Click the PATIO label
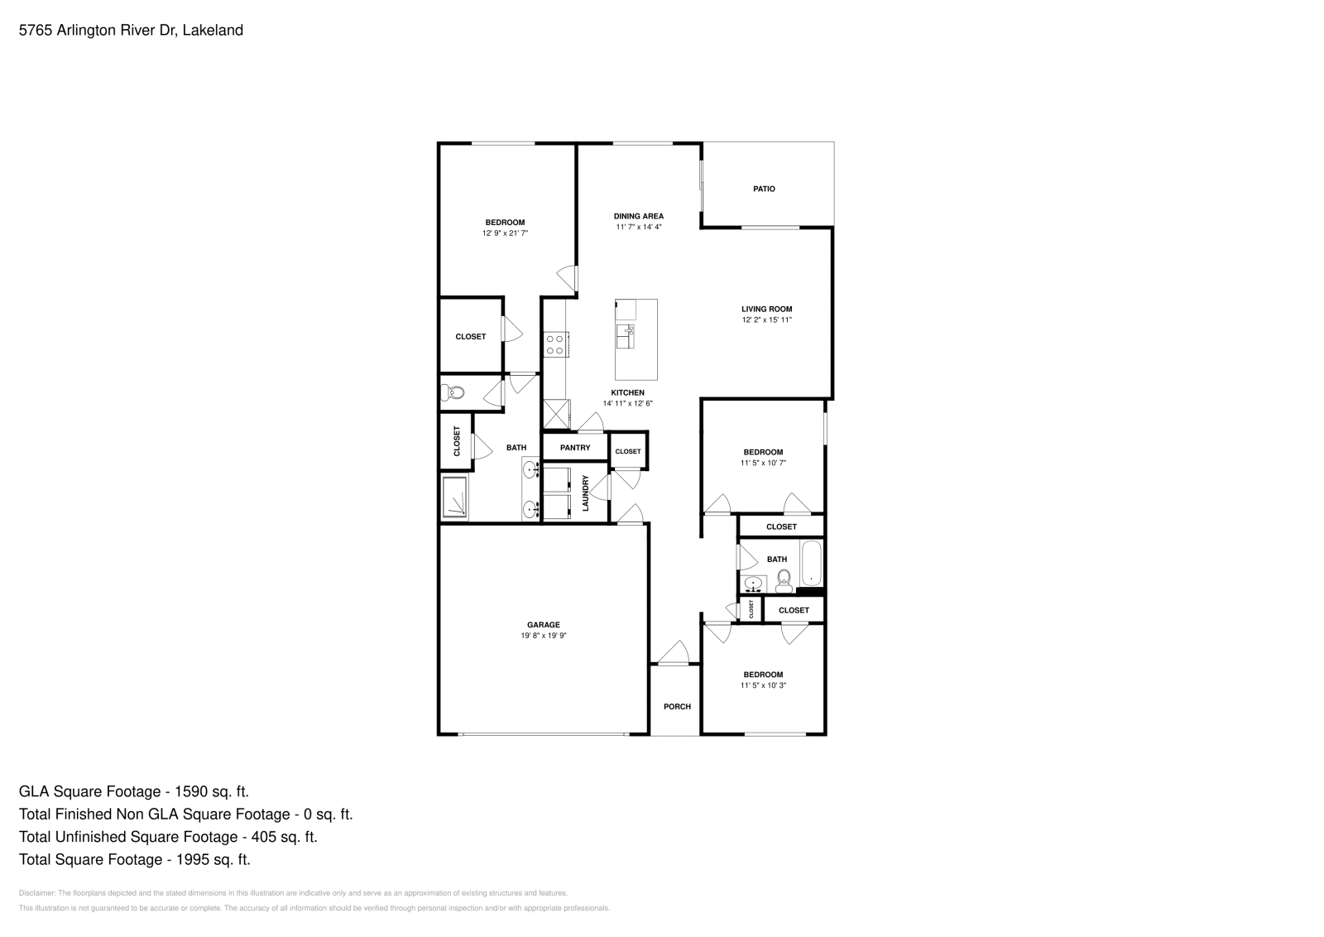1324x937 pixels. tap(764, 189)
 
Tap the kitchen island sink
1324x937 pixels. tap(625, 336)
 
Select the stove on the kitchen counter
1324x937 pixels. tap(554, 344)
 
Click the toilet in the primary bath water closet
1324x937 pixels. tap(453, 393)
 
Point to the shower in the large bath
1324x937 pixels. tap(455, 497)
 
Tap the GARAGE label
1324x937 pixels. tap(544, 625)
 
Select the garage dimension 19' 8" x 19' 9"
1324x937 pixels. tap(544, 636)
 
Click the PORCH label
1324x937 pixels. tap(677, 706)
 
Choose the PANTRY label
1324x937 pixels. tap(575, 448)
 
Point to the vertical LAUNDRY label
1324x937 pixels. tap(586, 493)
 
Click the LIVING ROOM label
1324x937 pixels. tap(766, 309)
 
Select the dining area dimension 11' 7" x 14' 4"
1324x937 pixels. tap(638, 227)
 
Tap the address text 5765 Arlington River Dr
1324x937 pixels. tap(96, 31)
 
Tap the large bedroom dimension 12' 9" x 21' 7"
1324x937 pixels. tap(505, 233)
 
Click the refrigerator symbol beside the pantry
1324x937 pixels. tap(556, 414)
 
